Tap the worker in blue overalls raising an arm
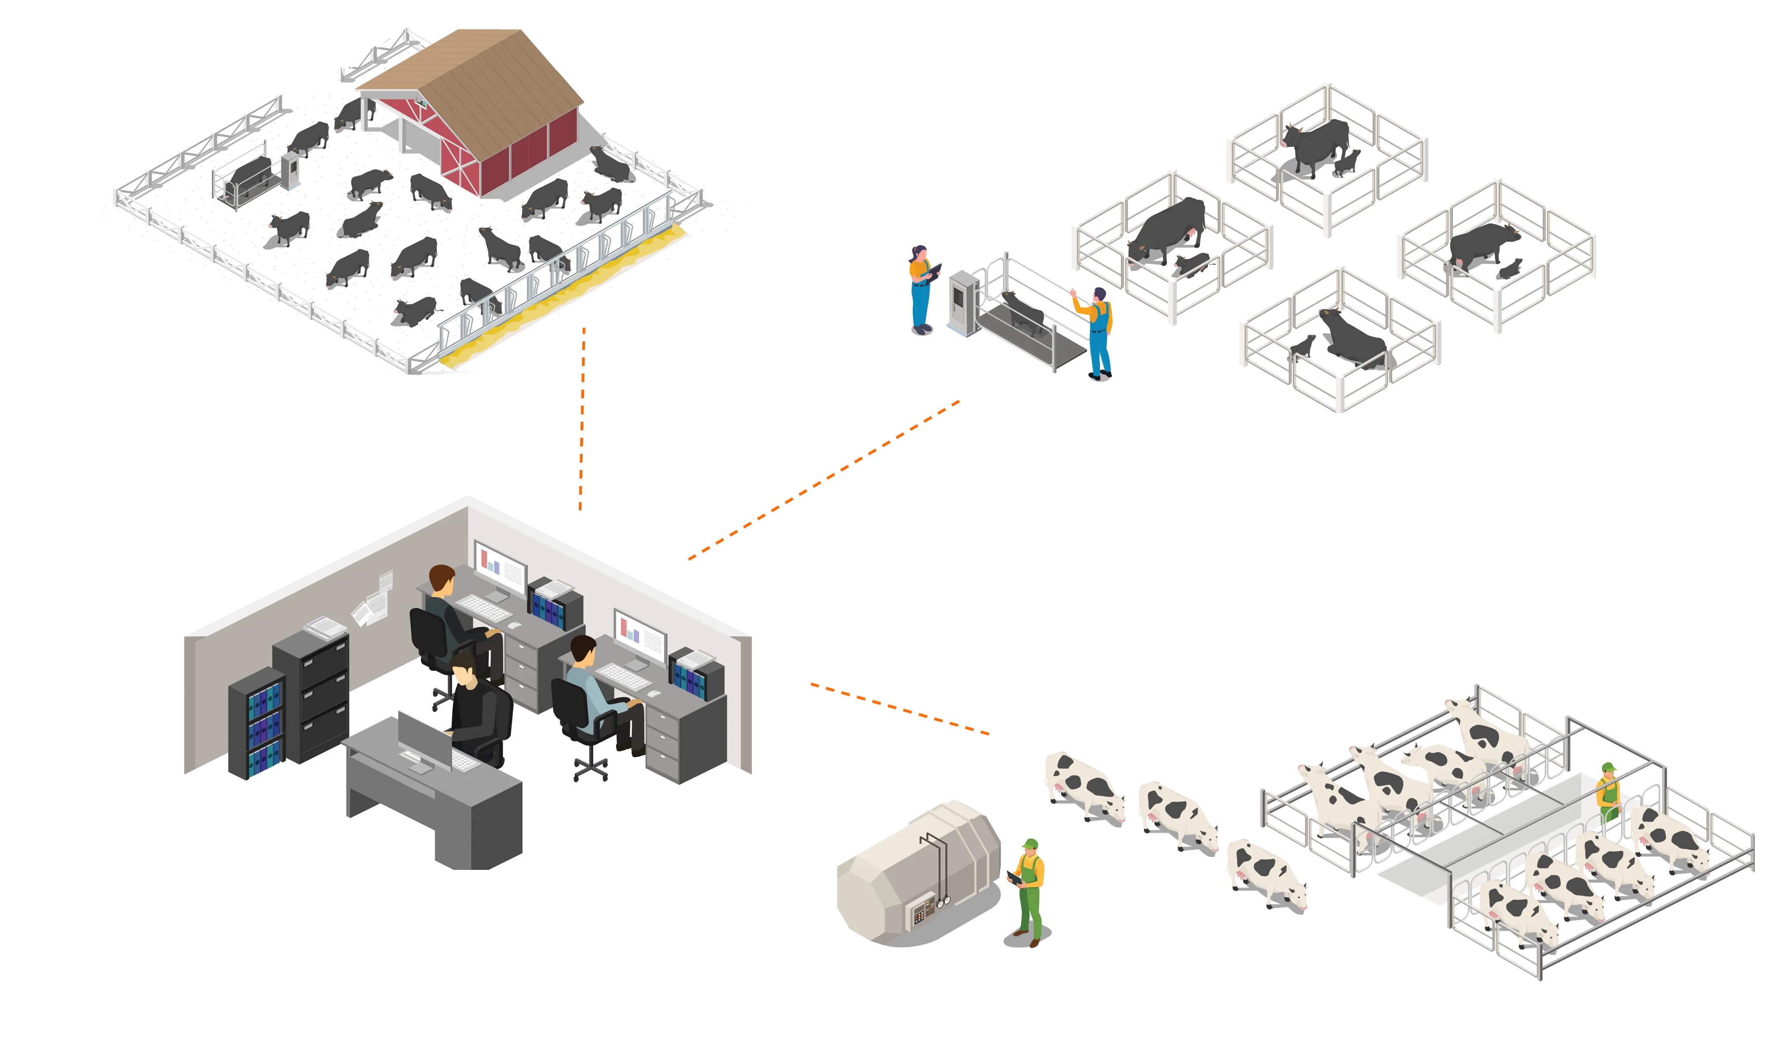click(x=1097, y=332)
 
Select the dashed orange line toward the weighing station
click(x=823, y=480)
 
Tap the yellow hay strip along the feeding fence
click(x=565, y=296)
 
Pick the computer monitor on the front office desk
click(x=424, y=742)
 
